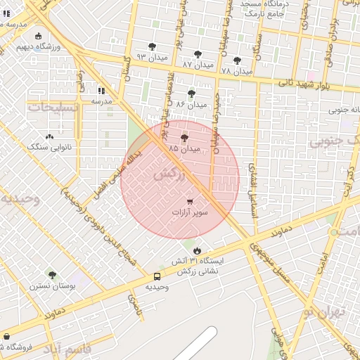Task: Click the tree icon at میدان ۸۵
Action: tap(185, 138)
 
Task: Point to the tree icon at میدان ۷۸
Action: tap(237, 60)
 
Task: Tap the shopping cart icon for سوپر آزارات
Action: tap(190, 202)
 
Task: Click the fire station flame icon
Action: tap(197, 250)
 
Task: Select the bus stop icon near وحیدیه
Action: tap(156, 276)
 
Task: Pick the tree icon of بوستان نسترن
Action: tap(51, 275)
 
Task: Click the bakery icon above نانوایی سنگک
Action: tap(49, 136)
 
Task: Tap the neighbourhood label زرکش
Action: tap(172, 173)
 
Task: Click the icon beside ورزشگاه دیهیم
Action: tap(37, 37)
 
